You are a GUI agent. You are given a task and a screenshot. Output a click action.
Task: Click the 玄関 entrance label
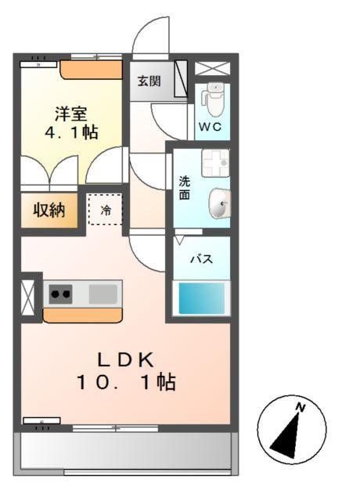click(x=149, y=81)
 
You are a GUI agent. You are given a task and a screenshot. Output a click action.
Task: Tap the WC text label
click(x=211, y=126)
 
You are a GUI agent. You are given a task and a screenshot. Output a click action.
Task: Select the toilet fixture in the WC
click(x=212, y=99)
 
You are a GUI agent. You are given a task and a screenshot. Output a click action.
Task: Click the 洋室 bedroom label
click(x=70, y=113)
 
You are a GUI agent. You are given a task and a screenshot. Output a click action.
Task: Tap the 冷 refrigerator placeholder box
click(x=105, y=209)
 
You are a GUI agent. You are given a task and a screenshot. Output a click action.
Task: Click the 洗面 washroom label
click(x=185, y=188)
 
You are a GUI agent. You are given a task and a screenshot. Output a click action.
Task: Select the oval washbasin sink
click(x=219, y=204)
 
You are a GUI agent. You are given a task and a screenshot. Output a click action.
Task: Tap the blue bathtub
click(x=201, y=298)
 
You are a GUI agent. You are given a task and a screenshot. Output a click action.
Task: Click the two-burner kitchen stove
click(x=61, y=294)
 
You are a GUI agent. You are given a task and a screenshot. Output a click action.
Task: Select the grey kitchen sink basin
click(x=103, y=294)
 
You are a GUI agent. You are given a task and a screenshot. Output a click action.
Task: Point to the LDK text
click(x=126, y=359)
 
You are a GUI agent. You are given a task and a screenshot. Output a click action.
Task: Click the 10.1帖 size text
click(x=125, y=383)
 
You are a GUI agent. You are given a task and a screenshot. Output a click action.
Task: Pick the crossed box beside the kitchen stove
click(x=30, y=297)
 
